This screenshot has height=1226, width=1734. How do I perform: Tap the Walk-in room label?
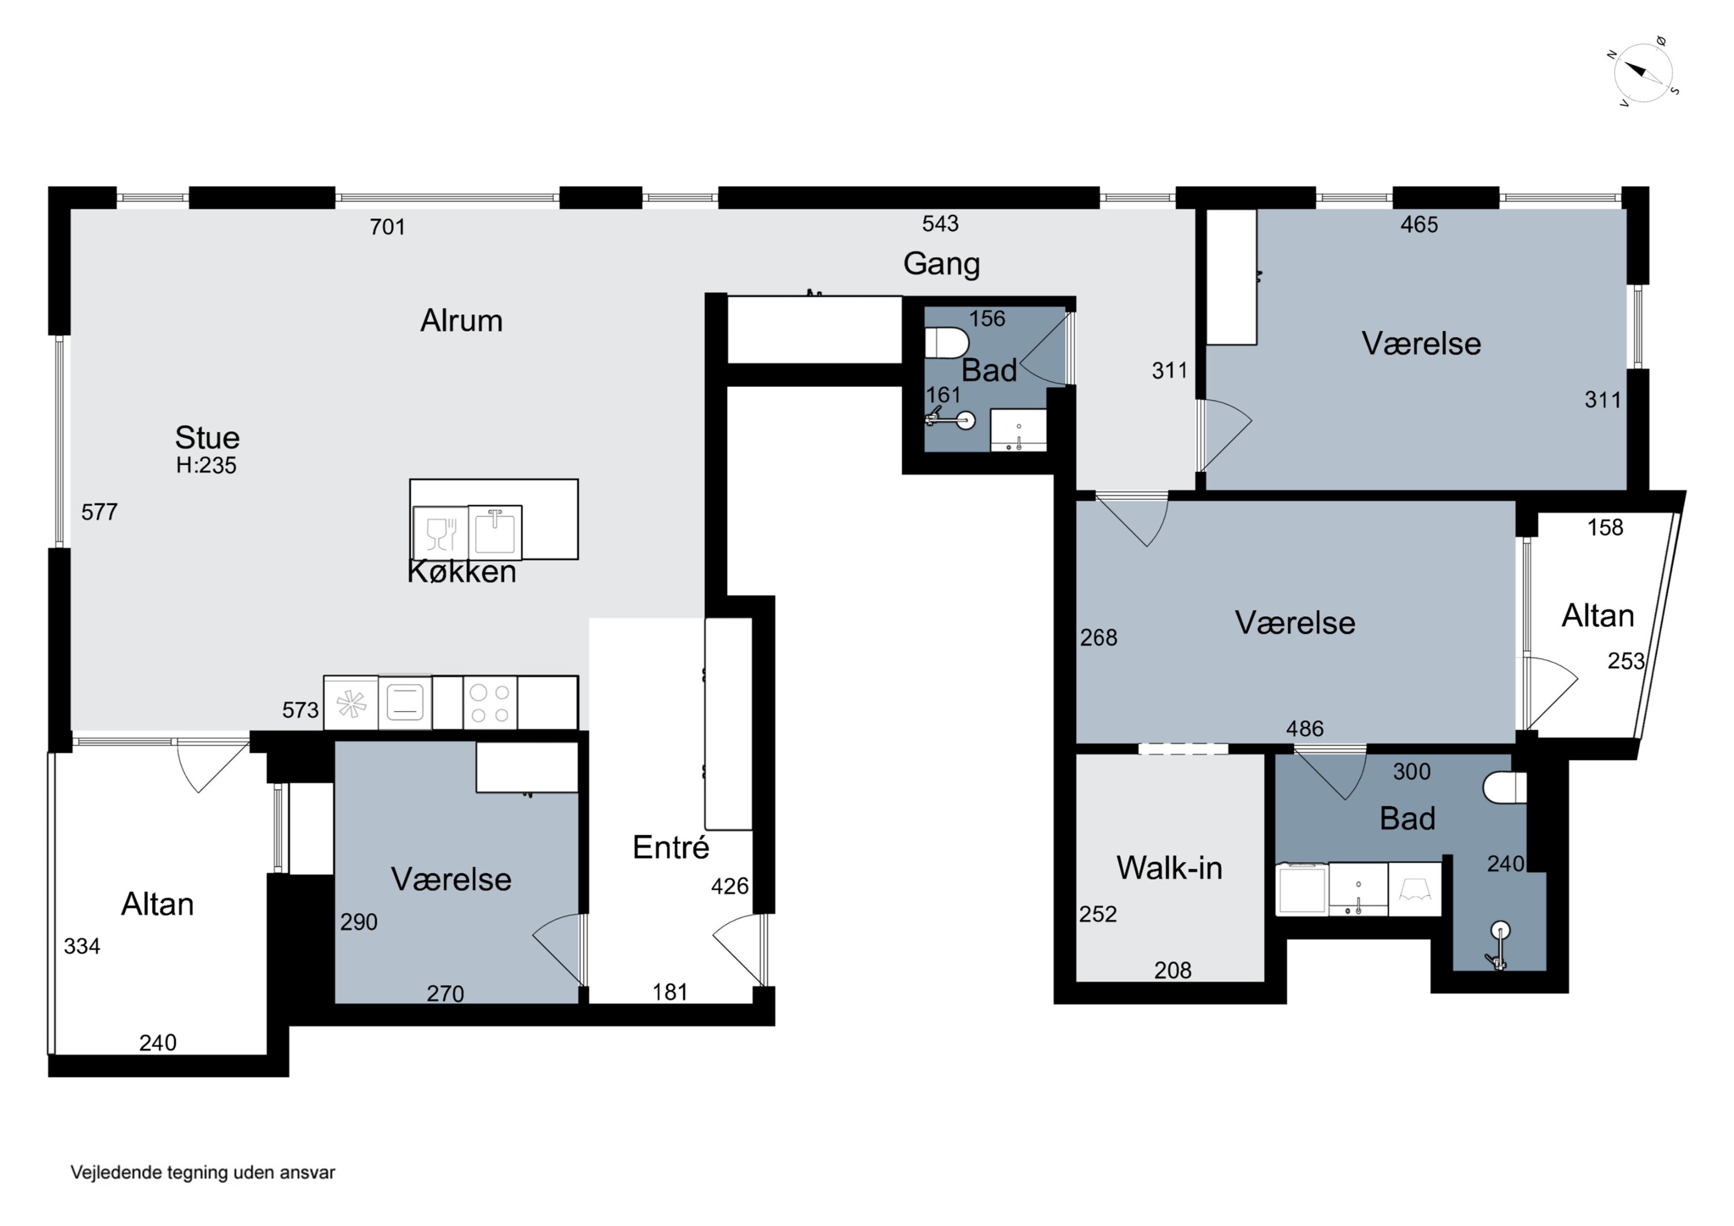click(x=1169, y=868)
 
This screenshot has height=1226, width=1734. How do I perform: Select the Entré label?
click(x=670, y=847)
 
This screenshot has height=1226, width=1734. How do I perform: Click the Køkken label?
click(x=461, y=572)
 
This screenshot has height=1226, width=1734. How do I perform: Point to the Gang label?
click(x=941, y=264)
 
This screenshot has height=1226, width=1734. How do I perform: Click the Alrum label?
click(x=461, y=320)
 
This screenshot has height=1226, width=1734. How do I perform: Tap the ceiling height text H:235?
click(x=206, y=465)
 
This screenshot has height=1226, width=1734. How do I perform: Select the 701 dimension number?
click(x=387, y=227)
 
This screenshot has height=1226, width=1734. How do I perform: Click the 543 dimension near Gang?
click(x=940, y=224)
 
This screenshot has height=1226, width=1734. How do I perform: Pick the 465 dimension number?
click(x=1419, y=224)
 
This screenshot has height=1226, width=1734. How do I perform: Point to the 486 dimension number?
click(x=1305, y=728)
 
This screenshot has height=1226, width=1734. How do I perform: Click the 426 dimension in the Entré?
click(x=729, y=886)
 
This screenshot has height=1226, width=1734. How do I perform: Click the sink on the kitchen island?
click(x=495, y=531)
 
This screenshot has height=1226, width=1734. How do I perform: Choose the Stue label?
click(x=207, y=438)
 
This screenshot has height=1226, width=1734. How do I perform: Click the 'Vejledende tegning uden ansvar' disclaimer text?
click(x=202, y=1172)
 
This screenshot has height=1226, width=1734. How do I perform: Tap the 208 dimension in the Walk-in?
click(x=1173, y=970)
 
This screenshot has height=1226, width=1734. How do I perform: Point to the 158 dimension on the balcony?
click(x=1605, y=527)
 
